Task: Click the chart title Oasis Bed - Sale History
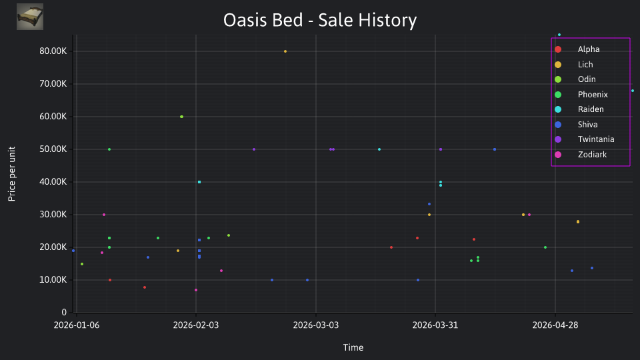pyautogui.click(x=320, y=20)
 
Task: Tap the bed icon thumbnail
pyautogui.click(x=30, y=17)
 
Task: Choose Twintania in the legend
pyautogui.click(x=585, y=139)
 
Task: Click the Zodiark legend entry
pyautogui.click(x=581, y=154)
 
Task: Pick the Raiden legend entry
pyautogui.click(x=579, y=109)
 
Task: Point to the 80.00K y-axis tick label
pyautogui.click(x=53, y=51)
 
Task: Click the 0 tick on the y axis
pyautogui.click(x=64, y=312)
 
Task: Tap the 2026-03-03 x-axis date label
pyautogui.click(x=316, y=325)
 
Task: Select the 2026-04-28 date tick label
pyautogui.click(x=555, y=325)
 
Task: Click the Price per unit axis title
pyautogui.click(x=12, y=174)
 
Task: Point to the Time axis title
pyautogui.click(x=353, y=347)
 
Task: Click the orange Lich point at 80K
pyautogui.click(x=285, y=51)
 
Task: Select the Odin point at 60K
pyautogui.click(x=181, y=117)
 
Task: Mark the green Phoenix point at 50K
pyautogui.click(x=109, y=149)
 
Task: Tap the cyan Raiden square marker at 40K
pyautogui.click(x=199, y=182)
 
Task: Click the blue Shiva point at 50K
pyautogui.click(x=495, y=149)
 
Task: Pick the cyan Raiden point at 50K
pyautogui.click(x=379, y=149)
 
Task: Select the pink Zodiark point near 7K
pyautogui.click(x=196, y=290)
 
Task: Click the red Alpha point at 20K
pyautogui.click(x=391, y=247)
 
